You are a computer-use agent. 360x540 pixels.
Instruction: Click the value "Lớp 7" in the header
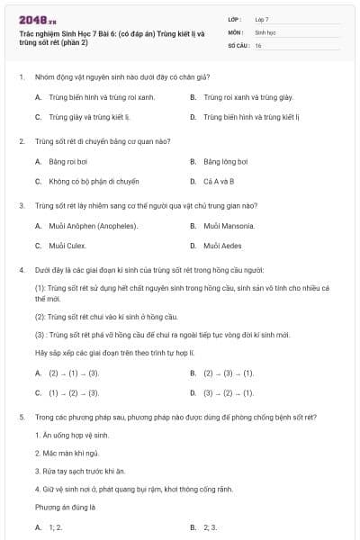[x=262, y=18]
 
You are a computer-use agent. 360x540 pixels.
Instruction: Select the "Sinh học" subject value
[x=265, y=31]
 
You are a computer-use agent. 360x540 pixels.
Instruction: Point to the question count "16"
[x=258, y=44]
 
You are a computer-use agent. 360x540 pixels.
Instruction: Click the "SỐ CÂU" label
[x=238, y=44]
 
